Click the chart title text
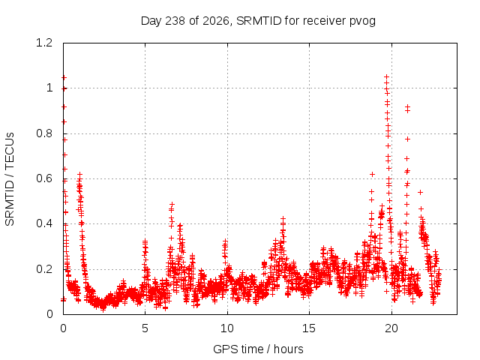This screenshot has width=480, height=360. click(x=258, y=21)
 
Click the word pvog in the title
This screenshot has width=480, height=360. click(x=363, y=22)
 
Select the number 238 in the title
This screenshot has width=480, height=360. click(x=175, y=21)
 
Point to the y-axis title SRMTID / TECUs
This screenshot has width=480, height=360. click(x=10, y=179)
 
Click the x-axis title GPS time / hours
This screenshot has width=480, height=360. click(x=258, y=349)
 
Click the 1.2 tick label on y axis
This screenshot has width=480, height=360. click(x=44, y=43)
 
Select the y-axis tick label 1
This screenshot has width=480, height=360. click(x=49, y=88)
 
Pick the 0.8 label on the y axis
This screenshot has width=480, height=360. click(x=44, y=133)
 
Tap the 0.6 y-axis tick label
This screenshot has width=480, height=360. click(x=44, y=178)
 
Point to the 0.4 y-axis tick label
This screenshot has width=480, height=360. click(x=44, y=223)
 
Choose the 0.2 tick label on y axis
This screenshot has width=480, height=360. click(x=44, y=269)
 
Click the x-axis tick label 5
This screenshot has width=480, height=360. click(x=145, y=328)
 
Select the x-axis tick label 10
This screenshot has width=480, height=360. click(x=227, y=328)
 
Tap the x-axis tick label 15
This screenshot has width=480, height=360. click(x=309, y=328)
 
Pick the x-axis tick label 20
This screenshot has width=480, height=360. click(x=391, y=328)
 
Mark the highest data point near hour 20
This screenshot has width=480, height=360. click(x=386, y=76)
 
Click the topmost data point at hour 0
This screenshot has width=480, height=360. click(x=64, y=78)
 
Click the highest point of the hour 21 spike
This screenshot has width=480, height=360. click(x=407, y=106)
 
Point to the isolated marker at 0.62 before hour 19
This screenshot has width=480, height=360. click(x=372, y=175)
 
